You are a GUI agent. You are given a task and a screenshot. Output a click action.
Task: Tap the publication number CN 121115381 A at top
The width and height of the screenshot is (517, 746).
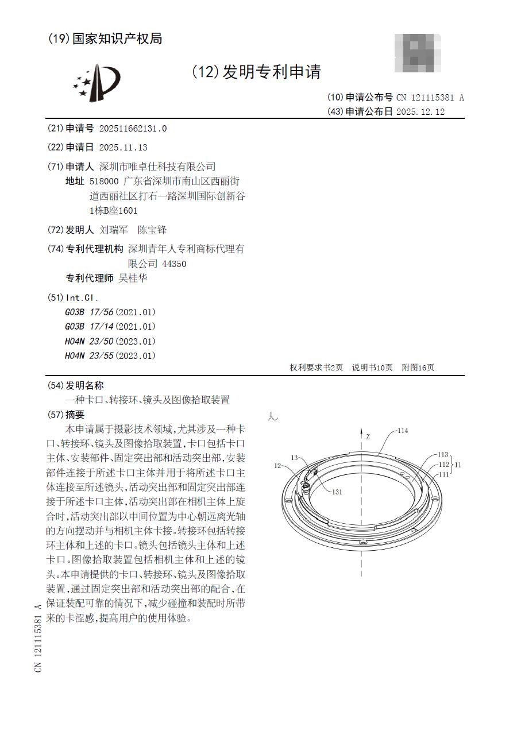pos(430,98)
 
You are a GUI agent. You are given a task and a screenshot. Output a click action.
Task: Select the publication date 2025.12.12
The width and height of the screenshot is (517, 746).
pos(420,112)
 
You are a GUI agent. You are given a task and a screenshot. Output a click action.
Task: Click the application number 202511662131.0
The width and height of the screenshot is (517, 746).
pos(133,129)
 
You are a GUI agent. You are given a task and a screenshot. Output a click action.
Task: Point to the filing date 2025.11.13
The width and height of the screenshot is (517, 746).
pos(123,148)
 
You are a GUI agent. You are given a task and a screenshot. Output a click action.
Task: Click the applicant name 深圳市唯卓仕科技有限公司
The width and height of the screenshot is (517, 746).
pos(157,167)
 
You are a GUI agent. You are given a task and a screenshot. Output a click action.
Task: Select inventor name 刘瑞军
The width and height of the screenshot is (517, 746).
pos(114,230)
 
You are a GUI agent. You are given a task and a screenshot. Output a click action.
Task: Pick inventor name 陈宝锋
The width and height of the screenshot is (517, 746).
pos(152,230)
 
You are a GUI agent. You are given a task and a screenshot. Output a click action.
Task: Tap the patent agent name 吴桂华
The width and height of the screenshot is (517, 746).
pos(133,279)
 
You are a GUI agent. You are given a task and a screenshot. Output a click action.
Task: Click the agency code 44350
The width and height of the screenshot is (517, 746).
pos(174,264)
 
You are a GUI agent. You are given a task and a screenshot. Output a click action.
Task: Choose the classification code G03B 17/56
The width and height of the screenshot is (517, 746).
pos(90,312)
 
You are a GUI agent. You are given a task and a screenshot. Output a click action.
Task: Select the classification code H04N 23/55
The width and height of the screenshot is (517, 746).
pos(90,356)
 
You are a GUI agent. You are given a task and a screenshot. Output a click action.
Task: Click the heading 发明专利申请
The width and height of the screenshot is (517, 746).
pos(272,72)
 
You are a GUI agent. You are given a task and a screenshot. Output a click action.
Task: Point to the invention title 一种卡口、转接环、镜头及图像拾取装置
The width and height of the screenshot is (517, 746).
pos(148,400)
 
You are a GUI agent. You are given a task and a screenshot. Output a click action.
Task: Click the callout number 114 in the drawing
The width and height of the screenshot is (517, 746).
pos(403,431)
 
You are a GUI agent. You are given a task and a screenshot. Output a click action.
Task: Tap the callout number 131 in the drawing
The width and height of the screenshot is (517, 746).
pos(337,492)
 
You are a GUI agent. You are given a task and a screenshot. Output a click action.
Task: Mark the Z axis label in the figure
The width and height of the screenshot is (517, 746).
pos(368,437)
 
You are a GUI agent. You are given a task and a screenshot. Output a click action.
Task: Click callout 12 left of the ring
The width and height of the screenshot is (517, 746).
pos(277,466)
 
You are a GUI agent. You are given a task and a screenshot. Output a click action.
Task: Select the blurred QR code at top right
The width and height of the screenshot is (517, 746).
pos(418,53)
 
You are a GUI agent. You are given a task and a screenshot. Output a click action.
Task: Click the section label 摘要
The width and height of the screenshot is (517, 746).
pos(75,415)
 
